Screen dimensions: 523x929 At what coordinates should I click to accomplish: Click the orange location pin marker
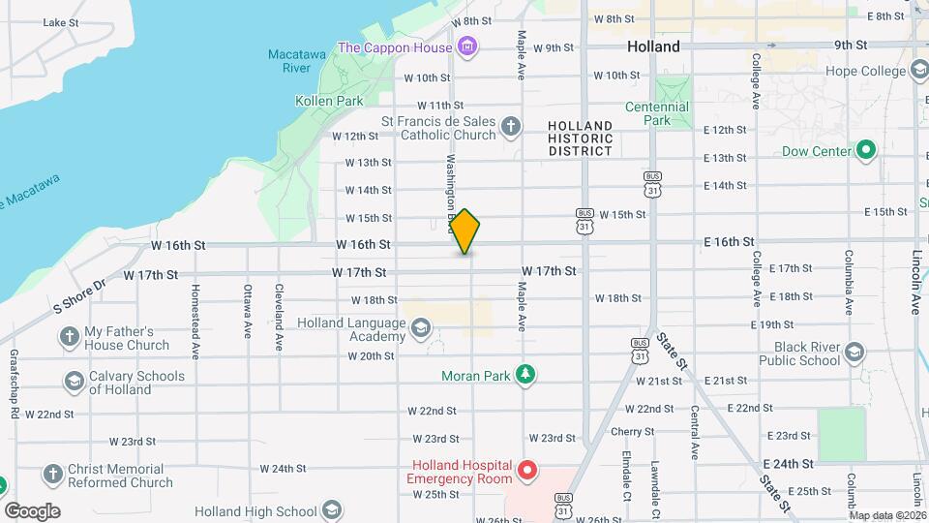click(x=465, y=231)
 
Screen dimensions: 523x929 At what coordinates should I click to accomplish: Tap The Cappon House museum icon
click(x=467, y=46)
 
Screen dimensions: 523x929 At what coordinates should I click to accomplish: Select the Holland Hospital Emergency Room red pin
click(x=527, y=471)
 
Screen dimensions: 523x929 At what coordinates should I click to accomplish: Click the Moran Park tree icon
click(x=524, y=375)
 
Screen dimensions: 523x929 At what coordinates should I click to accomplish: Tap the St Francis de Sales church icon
click(x=511, y=127)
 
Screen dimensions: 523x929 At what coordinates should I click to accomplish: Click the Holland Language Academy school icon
click(x=420, y=329)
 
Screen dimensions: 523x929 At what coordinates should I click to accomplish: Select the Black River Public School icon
click(x=854, y=353)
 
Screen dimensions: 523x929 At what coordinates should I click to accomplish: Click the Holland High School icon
click(x=332, y=511)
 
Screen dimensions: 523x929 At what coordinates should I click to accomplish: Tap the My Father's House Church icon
click(x=69, y=337)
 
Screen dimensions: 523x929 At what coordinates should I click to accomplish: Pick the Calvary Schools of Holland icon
click(x=74, y=382)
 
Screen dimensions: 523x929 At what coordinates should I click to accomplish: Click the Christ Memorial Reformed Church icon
click(x=52, y=475)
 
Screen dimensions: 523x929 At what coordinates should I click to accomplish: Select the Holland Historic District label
click(x=581, y=138)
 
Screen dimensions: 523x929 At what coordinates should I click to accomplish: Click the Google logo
click(x=32, y=511)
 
